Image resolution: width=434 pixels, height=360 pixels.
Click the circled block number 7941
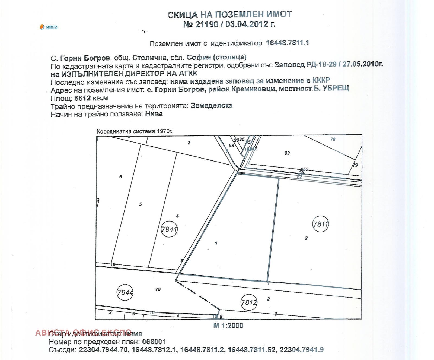point(169,229)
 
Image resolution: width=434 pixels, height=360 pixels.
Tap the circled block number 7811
point(320,224)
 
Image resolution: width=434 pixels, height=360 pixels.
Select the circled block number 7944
point(125,292)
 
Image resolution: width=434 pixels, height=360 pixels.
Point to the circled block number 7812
point(249,302)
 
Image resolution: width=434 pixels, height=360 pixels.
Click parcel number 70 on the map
point(158,290)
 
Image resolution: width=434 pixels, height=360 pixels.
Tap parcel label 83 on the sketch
point(287,153)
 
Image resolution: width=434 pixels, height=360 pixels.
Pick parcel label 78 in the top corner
point(333,139)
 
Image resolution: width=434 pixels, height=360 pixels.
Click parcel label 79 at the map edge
point(355,165)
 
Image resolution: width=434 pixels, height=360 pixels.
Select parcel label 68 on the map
point(231,145)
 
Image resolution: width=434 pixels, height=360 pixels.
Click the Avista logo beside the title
point(49,27)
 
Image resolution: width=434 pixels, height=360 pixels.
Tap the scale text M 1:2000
point(228,326)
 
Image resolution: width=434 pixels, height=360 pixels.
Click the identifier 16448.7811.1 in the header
point(287,43)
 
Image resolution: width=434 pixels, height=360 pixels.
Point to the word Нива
point(154,114)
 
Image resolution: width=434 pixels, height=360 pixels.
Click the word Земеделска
point(211,106)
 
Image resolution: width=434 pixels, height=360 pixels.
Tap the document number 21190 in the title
point(207,24)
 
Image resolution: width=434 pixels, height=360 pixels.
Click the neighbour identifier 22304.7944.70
point(103,350)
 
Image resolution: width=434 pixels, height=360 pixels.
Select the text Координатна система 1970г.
point(135,131)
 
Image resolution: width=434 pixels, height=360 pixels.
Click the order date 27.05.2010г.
point(362,64)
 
